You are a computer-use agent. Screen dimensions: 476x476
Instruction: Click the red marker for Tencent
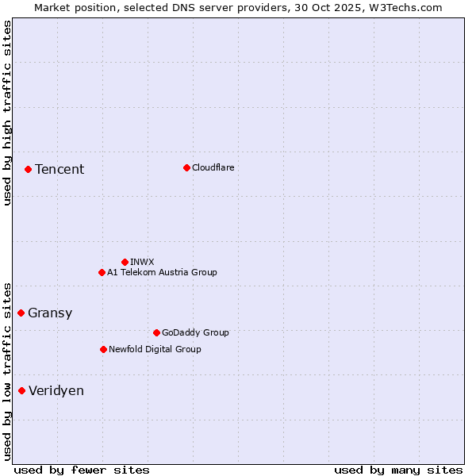(x=28, y=169)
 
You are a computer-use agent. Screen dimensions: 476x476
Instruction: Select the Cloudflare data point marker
(x=186, y=167)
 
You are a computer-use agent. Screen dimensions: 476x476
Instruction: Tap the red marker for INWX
(x=125, y=262)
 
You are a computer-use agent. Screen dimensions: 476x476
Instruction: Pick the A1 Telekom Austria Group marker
(x=102, y=272)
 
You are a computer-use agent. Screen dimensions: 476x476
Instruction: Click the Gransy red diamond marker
(x=21, y=313)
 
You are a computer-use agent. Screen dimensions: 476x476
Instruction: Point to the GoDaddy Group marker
(x=156, y=332)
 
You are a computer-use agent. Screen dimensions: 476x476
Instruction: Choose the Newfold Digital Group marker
(x=103, y=349)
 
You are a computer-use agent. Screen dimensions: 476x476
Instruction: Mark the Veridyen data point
(x=21, y=390)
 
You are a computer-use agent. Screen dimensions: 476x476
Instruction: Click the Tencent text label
(x=59, y=169)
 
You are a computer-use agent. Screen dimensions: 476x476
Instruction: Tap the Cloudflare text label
(x=213, y=167)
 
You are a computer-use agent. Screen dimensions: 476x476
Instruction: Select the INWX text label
(x=142, y=262)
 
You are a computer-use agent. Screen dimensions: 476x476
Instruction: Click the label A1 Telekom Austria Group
(x=162, y=272)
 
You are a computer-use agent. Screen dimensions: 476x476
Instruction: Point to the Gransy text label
(x=50, y=313)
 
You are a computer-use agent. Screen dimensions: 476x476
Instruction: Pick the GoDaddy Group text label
(x=195, y=332)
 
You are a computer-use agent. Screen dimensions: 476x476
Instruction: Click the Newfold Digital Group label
(x=155, y=349)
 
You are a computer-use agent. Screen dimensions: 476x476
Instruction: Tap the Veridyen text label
(x=56, y=390)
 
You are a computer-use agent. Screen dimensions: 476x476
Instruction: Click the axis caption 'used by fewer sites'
(x=82, y=470)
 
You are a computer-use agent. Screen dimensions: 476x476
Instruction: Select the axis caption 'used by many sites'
(x=398, y=470)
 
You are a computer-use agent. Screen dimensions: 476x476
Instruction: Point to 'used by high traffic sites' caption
(x=7, y=113)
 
